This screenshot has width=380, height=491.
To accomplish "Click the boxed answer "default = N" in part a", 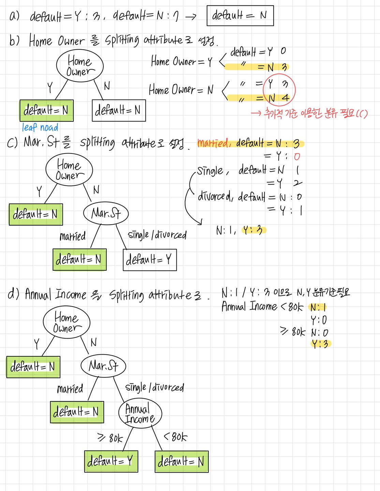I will click(x=240, y=16).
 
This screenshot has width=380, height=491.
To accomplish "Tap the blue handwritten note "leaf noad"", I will click(x=40, y=128).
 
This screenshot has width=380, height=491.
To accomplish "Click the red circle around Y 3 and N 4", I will click(x=279, y=90).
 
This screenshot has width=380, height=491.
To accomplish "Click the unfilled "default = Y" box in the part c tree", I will click(x=150, y=260).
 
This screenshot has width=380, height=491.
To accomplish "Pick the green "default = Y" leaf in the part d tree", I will click(x=111, y=461).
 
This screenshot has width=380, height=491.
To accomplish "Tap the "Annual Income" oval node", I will click(x=140, y=413).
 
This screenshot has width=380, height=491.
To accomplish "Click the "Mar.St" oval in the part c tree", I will click(x=106, y=213).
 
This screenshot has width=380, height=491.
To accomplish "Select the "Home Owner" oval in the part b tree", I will click(x=80, y=66).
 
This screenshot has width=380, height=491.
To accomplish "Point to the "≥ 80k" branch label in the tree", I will click(x=110, y=438).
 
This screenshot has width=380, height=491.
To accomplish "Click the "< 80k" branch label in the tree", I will click(x=175, y=437).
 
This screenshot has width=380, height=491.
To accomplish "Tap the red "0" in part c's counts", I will click(x=297, y=157).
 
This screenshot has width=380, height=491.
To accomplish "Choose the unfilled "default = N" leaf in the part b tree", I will click(x=119, y=110).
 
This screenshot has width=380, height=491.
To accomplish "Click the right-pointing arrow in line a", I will click(x=191, y=16).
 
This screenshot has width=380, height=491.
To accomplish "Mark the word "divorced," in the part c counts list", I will click(x=216, y=197).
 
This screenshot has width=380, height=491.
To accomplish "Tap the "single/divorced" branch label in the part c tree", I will click(x=157, y=235).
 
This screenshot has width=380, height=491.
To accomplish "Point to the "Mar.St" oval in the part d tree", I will click(x=103, y=366).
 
